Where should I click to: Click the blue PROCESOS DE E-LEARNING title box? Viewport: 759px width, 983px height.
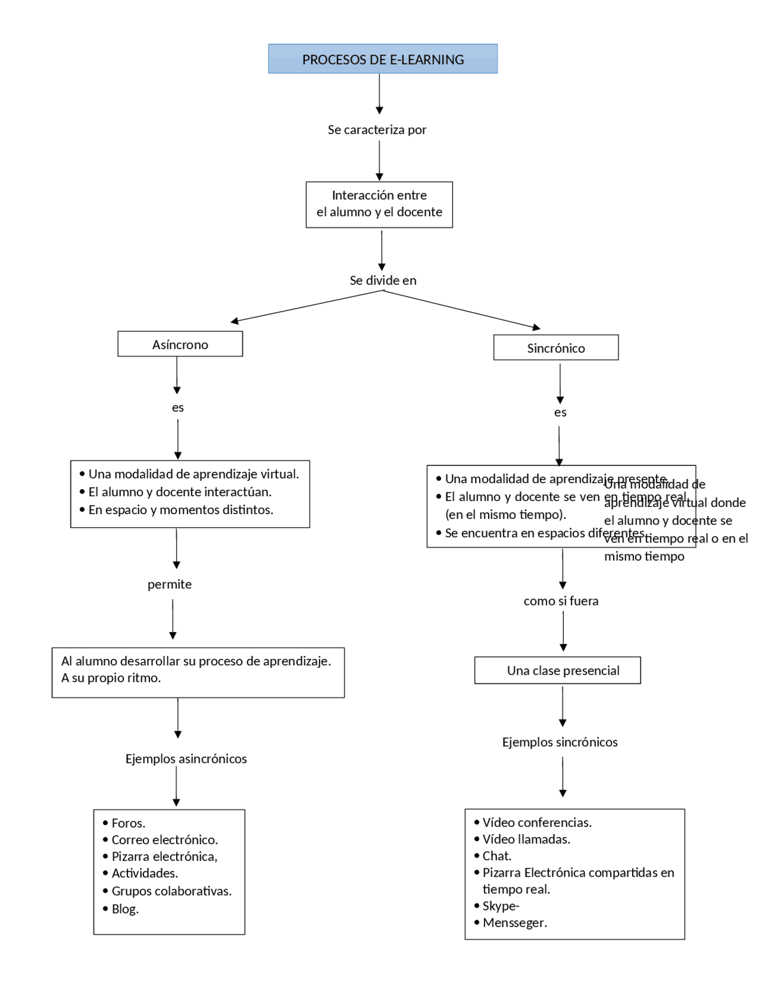tap(382, 59)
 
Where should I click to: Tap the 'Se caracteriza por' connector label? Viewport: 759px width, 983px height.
tap(377, 129)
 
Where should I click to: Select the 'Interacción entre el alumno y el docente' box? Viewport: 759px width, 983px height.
tap(379, 204)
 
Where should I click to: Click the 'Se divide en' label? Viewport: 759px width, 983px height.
tap(382, 280)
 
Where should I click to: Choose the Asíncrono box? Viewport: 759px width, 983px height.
tap(180, 344)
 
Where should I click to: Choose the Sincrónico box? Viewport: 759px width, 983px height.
tap(556, 348)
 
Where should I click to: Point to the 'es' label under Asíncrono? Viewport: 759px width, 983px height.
tap(177, 408)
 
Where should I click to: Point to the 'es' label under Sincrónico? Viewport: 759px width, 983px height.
tap(560, 413)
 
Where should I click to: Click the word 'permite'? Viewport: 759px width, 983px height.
tap(170, 584)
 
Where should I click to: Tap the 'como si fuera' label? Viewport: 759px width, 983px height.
tap(560, 601)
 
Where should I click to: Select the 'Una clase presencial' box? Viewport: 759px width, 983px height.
tap(563, 670)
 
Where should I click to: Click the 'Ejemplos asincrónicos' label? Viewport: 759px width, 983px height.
tap(186, 759)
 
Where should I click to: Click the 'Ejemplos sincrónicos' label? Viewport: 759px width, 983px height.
tap(559, 742)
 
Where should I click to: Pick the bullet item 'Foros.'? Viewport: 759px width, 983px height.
tap(128, 823)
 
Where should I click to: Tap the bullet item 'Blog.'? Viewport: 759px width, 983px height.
tap(125, 909)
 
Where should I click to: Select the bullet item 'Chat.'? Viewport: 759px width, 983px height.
tap(496, 855)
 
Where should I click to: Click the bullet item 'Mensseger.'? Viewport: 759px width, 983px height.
tap(514, 922)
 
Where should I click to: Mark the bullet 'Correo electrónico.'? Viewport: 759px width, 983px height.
tap(164, 839)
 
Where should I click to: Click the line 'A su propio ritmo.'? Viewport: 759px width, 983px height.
tap(111, 678)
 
